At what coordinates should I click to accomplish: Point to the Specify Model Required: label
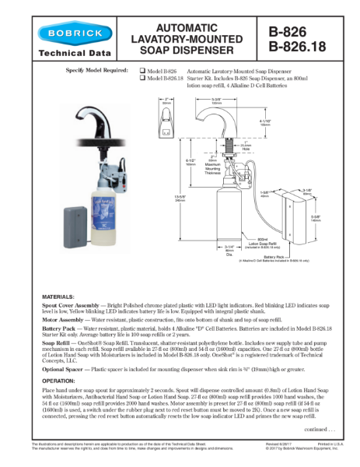[x=98, y=71]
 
